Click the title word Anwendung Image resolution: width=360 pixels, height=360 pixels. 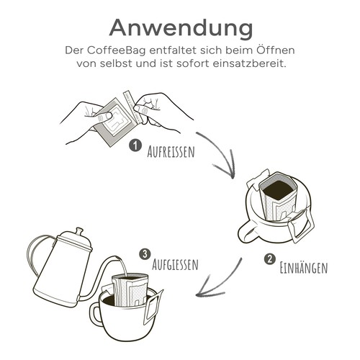pyautogui.click(x=180, y=27)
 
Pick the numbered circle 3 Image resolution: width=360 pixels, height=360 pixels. pyautogui.click(x=145, y=254)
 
